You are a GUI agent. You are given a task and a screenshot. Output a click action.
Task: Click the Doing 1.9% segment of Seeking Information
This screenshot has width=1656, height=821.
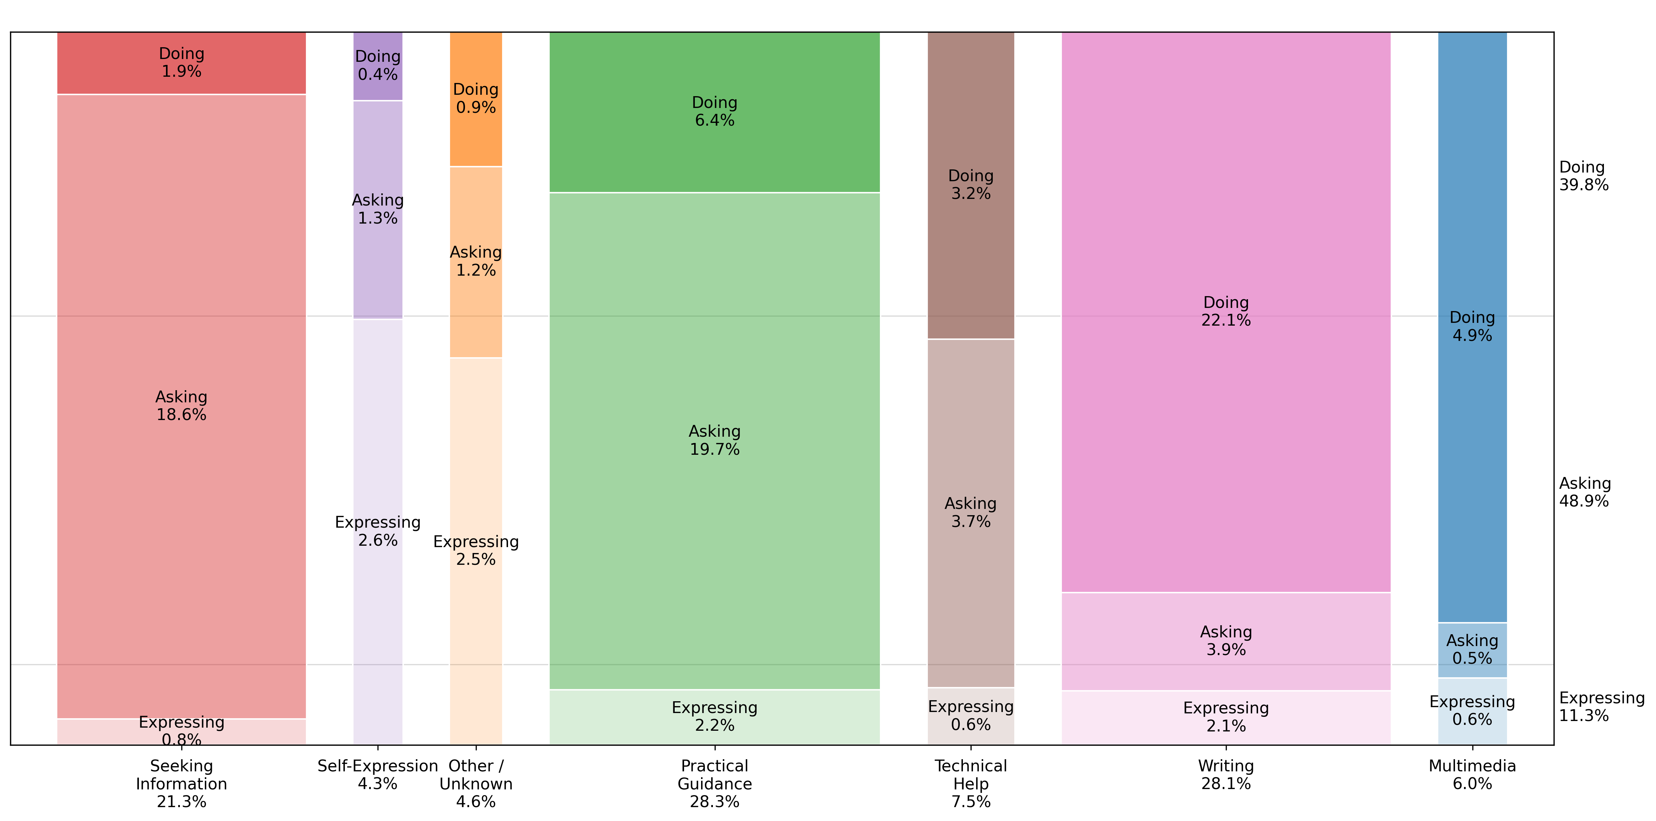181,63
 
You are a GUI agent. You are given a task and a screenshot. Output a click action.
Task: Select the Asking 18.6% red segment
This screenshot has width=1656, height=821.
181,406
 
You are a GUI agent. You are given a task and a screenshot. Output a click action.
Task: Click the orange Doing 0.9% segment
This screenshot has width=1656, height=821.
476,98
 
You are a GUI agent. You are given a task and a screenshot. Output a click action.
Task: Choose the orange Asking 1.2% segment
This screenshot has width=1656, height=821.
476,262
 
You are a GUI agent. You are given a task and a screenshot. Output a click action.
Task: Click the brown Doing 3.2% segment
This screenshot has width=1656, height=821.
971,185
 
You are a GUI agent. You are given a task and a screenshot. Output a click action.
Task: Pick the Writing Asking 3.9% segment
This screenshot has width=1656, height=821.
1225,641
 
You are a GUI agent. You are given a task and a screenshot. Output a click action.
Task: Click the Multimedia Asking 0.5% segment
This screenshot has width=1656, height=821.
1472,650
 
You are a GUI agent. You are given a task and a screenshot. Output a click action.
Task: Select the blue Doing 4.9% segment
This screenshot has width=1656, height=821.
1472,327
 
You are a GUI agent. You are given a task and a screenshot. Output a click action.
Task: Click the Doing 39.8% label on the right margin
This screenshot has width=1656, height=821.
1583,176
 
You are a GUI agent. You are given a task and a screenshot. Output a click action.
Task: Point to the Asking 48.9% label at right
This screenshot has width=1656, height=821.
1583,493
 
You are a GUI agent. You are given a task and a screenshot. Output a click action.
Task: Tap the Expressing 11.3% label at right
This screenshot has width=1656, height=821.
1601,707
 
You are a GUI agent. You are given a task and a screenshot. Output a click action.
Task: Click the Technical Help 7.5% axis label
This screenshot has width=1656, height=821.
971,784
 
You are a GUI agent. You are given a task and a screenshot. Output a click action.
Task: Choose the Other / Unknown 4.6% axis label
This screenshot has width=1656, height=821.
476,784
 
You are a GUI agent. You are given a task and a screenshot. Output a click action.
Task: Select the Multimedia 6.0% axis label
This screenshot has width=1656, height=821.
1472,775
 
